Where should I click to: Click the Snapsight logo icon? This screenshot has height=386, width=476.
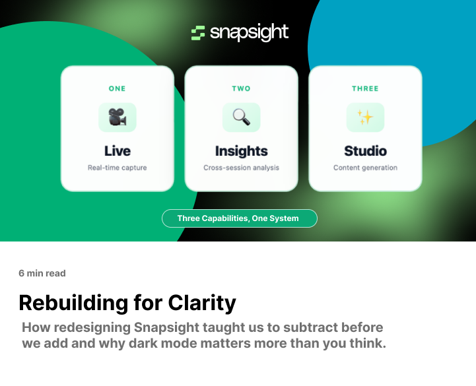pos(198,33)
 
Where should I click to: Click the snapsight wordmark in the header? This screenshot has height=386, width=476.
pos(250,33)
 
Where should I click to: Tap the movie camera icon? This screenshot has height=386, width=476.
pos(118,117)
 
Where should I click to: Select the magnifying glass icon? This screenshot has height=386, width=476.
pos(242,117)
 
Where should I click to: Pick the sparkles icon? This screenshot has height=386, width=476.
pos(365,117)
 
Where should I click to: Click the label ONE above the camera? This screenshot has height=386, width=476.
pos(118,88)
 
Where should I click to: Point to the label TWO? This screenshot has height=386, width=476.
pos(242,88)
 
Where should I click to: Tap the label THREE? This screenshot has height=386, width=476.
pos(365,88)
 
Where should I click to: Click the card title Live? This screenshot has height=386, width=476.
pos(118,151)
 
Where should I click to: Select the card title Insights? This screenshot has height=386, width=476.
pos(242,151)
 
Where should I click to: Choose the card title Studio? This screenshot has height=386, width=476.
pos(365,151)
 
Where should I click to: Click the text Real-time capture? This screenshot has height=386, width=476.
pos(118,168)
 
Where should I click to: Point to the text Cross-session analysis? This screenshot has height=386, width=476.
pos(242,168)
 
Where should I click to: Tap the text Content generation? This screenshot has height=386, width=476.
pos(365,168)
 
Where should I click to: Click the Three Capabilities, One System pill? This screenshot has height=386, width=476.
pos(239,218)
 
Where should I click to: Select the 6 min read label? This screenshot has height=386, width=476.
pos(42,273)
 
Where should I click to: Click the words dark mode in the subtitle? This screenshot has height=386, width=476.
pos(188,344)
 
